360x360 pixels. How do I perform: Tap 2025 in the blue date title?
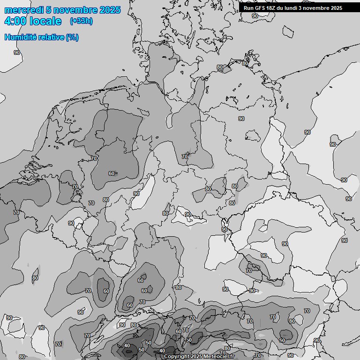coord(110,10)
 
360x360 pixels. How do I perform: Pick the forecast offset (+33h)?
coord(81,21)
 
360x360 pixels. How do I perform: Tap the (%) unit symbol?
coord(72,37)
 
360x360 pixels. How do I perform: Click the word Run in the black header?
coord(248,8)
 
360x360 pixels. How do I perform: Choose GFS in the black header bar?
coord(261,8)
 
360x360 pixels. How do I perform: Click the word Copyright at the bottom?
coord(176,357)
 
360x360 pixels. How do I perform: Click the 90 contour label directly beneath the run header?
coord(255,16)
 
